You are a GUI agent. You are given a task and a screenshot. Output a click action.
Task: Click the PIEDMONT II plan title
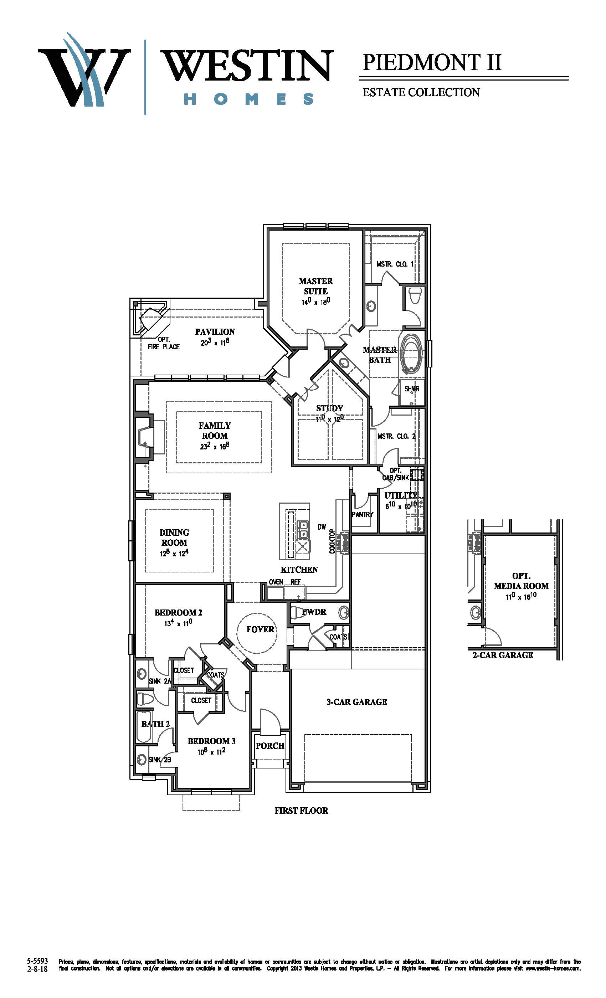(432, 62)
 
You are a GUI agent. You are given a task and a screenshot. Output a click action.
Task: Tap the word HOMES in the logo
(248, 99)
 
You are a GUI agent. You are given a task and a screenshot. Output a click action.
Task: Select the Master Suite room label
(315, 286)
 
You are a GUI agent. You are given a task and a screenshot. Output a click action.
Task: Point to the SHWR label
(412, 389)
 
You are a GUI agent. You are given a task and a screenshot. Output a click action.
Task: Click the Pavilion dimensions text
(215, 342)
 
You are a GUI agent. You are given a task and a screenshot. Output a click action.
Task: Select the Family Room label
(215, 431)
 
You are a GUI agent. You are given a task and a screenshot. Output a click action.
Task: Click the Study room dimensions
(329, 419)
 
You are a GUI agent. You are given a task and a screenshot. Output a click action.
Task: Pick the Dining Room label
(174, 537)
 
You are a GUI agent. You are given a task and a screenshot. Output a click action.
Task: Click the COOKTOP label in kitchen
(332, 541)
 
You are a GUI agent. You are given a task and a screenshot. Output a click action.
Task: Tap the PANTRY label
(362, 514)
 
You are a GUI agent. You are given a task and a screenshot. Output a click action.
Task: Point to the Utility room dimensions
(400, 505)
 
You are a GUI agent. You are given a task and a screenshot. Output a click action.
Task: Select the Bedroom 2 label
(178, 612)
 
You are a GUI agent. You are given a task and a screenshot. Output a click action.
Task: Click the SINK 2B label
(160, 760)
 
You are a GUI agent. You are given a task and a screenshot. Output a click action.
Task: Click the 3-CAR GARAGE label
(357, 702)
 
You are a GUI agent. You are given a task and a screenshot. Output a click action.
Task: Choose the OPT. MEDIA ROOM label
(521, 581)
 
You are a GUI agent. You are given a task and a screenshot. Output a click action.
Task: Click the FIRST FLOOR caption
(301, 811)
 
